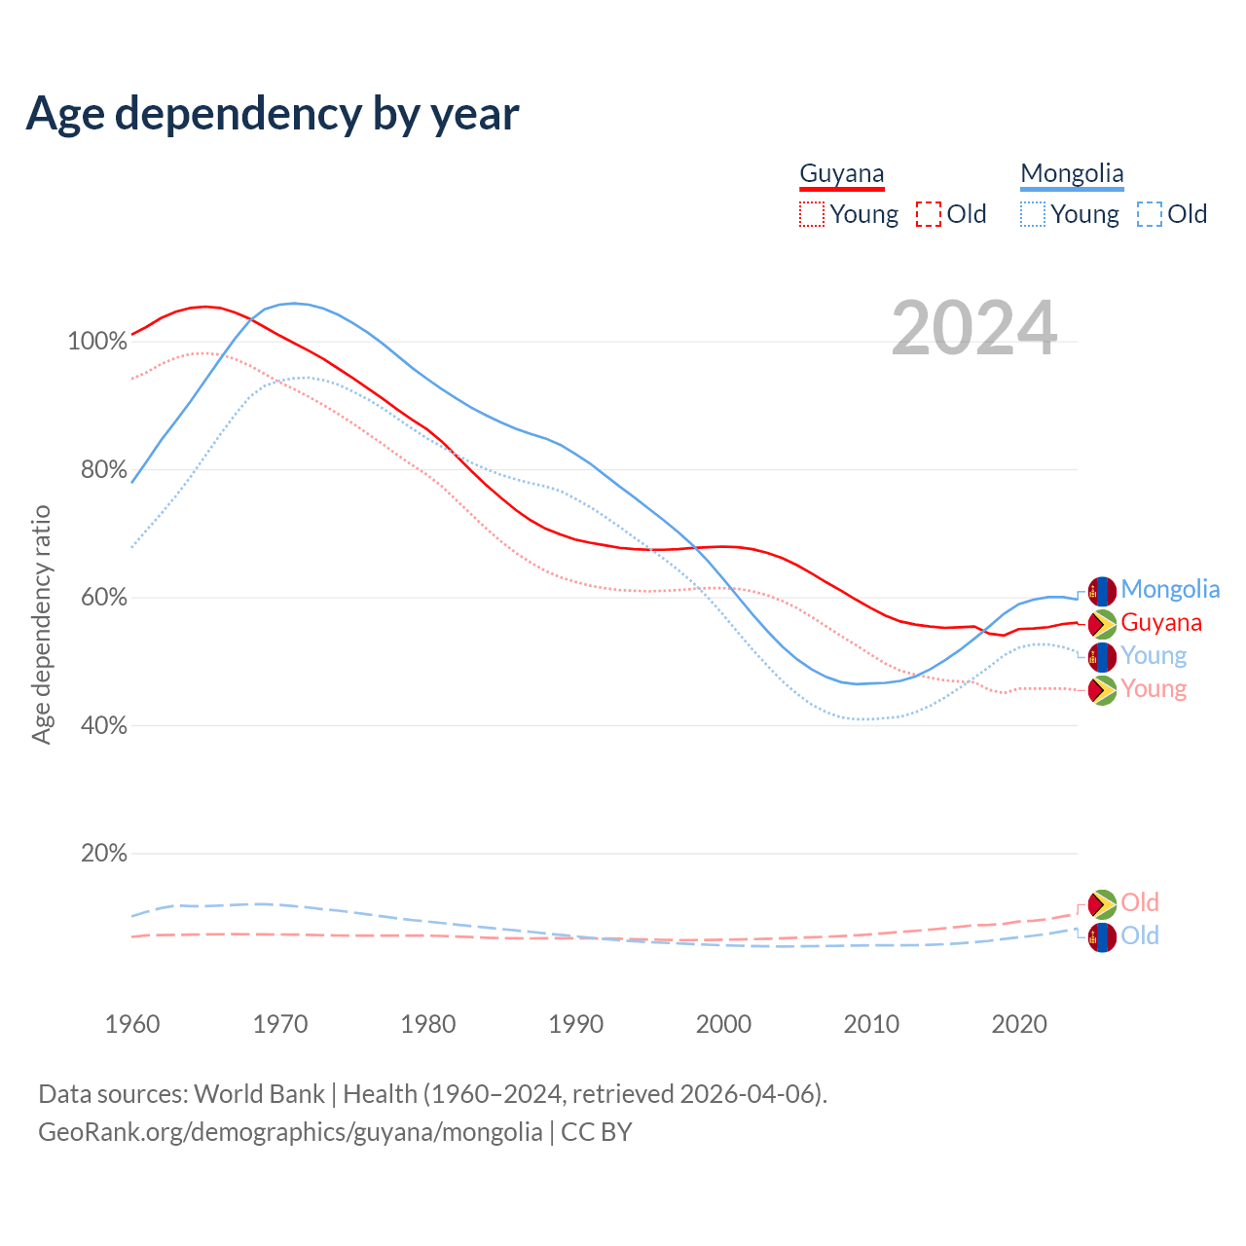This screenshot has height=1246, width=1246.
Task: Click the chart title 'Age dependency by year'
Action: pos(273,113)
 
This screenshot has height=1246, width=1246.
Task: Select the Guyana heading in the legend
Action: pos(842,173)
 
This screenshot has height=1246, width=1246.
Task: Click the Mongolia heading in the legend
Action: pos(1072,173)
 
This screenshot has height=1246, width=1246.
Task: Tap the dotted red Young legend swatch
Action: pos(811,214)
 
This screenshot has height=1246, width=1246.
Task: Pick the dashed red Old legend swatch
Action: pos(928,214)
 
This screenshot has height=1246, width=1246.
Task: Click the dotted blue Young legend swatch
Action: pos(1032,214)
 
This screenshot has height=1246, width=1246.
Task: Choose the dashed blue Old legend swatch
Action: pos(1149,214)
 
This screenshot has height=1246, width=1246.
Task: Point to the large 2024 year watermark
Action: pos(973,329)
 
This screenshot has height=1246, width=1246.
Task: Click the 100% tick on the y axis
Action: pos(97,342)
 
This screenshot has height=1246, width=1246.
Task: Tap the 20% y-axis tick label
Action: pos(103,854)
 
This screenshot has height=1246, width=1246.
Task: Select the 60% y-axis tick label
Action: pos(103,598)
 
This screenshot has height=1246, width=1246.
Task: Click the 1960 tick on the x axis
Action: pos(132,1024)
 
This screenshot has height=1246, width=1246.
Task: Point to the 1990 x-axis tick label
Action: pos(575,1024)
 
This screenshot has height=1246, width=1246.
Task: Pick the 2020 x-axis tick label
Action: pos(1018,1024)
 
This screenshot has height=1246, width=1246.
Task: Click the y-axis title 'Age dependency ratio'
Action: pos(41,624)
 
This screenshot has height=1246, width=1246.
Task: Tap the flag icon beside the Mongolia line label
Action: pos(1102,591)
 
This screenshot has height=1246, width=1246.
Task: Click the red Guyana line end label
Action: pos(1160,623)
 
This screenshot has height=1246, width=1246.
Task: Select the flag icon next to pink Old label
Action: pos(1102,904)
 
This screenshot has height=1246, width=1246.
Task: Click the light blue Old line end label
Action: pos(1139,936)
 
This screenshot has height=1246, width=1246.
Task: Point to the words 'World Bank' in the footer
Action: pos(259,1094)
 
